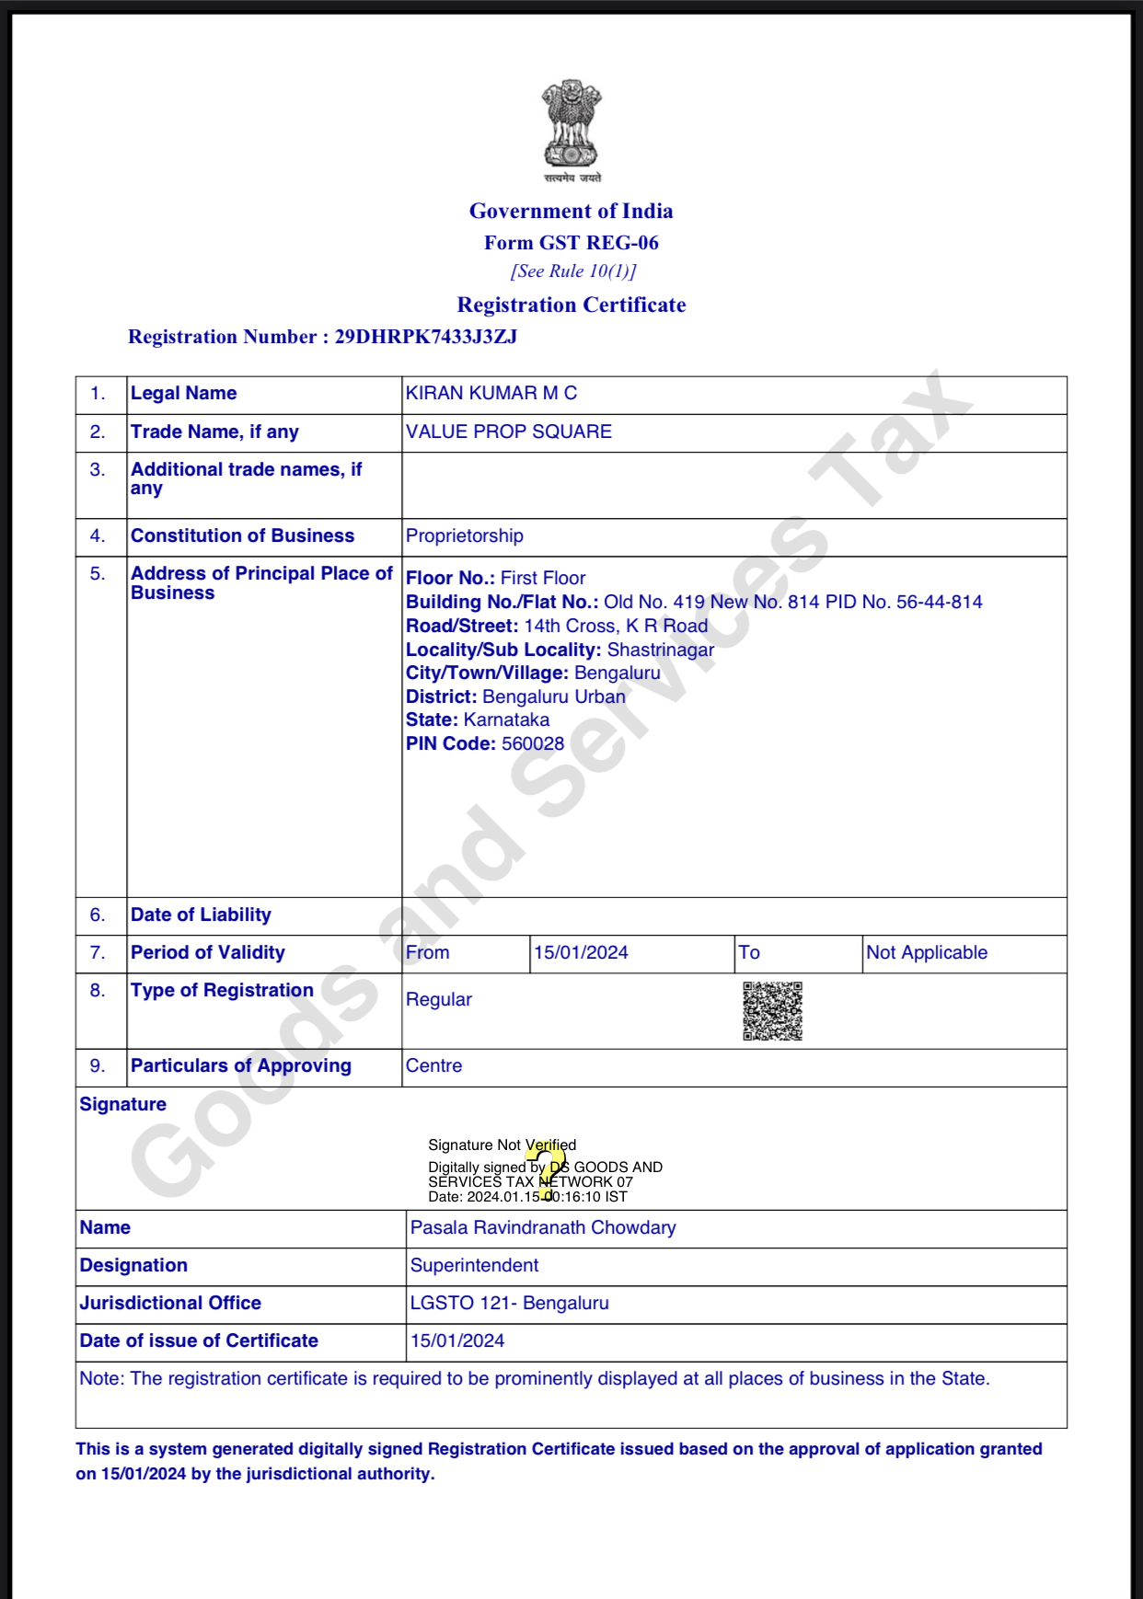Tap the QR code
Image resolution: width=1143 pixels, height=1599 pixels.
click(772, 1011)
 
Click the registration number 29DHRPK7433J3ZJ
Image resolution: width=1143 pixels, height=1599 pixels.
click(425, 337)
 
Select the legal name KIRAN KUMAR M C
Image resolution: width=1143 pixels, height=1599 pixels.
click(491, 394)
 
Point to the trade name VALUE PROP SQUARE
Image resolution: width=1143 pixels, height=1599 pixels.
click(509, 432)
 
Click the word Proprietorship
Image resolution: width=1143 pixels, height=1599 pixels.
click(465, 536)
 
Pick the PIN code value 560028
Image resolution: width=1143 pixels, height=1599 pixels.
click(533, 744)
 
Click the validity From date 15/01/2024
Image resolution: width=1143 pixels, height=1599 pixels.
click(581, 953)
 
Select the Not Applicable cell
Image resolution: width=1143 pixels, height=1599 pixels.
click(926, 953)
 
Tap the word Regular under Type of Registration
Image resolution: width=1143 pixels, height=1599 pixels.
click(439, 1000)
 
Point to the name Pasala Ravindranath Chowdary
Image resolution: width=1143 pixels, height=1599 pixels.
click(543, 1228)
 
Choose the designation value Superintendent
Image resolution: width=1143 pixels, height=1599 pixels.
click(474, 1266)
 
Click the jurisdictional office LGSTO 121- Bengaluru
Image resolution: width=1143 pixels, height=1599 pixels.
click(510, 1304)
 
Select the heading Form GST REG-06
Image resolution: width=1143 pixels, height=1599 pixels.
click(571, 243)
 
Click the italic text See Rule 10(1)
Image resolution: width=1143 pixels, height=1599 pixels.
click(573, 271)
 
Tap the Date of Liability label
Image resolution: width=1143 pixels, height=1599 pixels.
click(201, 915)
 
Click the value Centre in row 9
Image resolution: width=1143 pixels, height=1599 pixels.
click(434, 1066)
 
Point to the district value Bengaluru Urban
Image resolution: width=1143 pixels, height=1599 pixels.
click(554, 697)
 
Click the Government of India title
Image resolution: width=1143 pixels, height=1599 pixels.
click(571, 212)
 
